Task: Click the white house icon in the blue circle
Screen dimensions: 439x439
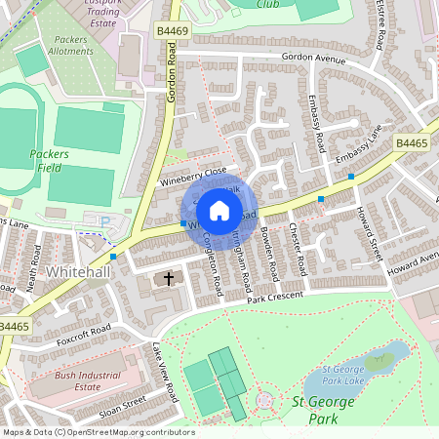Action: click(x=219, y=210)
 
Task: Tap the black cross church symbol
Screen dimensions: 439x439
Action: click(x=169, y=280)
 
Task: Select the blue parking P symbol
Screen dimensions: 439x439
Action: click(x=105, y=222)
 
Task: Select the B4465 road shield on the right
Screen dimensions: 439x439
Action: click(x=412, y=143)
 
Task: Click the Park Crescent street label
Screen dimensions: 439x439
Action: click(x=277, y=297)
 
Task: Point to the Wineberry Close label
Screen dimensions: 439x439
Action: click(x=193, y=175)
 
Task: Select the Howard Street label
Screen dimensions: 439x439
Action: click(x=371, y=232)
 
